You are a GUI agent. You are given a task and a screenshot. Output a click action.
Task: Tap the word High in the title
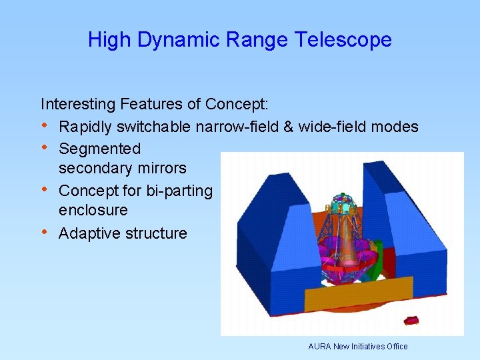point(110,40)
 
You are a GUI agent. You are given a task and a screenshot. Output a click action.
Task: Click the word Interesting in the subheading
point(78,104)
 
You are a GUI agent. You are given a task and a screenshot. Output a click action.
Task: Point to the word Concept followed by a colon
point(235,104)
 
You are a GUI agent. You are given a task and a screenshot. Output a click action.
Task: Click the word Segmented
point(99,149)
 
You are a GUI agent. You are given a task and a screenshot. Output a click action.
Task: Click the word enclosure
point(93,210)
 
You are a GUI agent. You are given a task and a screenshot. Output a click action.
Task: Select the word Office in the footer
point(395,347)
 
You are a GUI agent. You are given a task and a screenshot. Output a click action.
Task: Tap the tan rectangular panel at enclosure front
point(360,290)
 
